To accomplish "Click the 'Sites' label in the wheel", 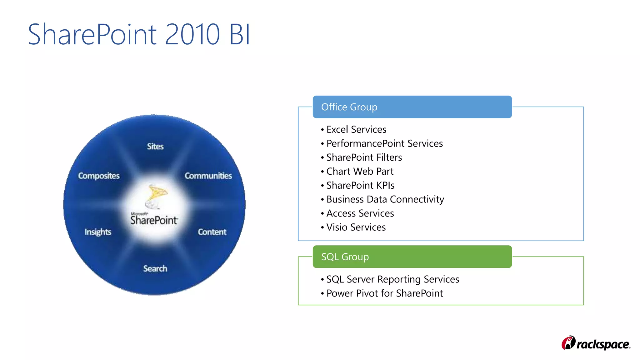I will click(x=155, y=146).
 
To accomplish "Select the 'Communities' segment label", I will click(x=208, y=176).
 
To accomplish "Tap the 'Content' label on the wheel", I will click(x=212, y=232).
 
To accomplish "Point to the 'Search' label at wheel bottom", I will click(x=155, y=268).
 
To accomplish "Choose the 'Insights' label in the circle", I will click(x=98, y=232).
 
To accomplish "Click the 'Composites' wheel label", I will click(x=99, y=176).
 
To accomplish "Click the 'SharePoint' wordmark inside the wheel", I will click(x=154, y=220).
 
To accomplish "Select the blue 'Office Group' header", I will click(x=412, y=107).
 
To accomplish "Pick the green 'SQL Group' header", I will click(x=412, y=257).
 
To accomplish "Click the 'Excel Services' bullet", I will click(x=356, y=129).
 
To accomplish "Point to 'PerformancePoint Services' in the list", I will click(x=384, y=143).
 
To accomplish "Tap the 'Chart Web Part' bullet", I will click(x=360, y=171).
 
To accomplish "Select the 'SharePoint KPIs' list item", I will click(x=360, y=185).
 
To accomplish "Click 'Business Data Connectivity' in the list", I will click(x=385, y=199).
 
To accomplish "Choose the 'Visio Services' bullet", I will click(x=356, y=227).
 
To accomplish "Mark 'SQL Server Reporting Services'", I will click(x=392, y=279).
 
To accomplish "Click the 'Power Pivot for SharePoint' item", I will click(x=384, y=293).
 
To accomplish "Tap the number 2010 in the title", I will click(x=192, y=34).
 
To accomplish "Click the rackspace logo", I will click(x=596, y=343).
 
